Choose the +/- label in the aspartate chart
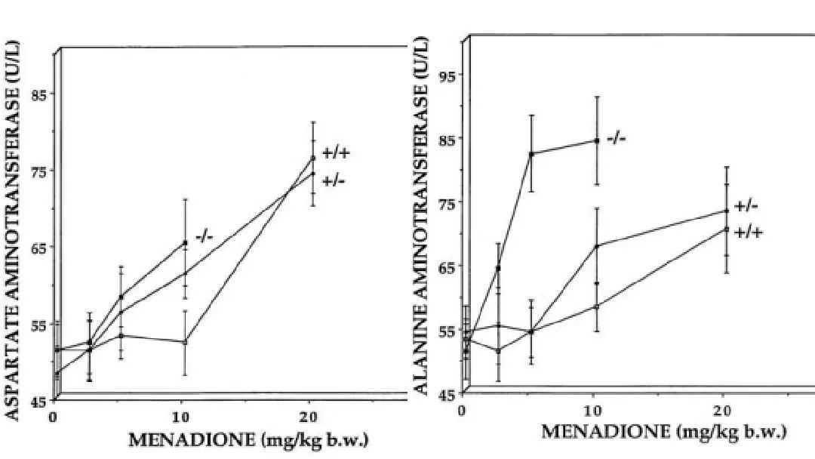[x=334, y=181]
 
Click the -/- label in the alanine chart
[x=617, y=138]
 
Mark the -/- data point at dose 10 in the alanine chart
[x=596, y=140]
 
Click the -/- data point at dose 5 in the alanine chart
[x=531, y=154]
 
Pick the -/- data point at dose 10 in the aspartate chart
[x=185, y=242]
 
